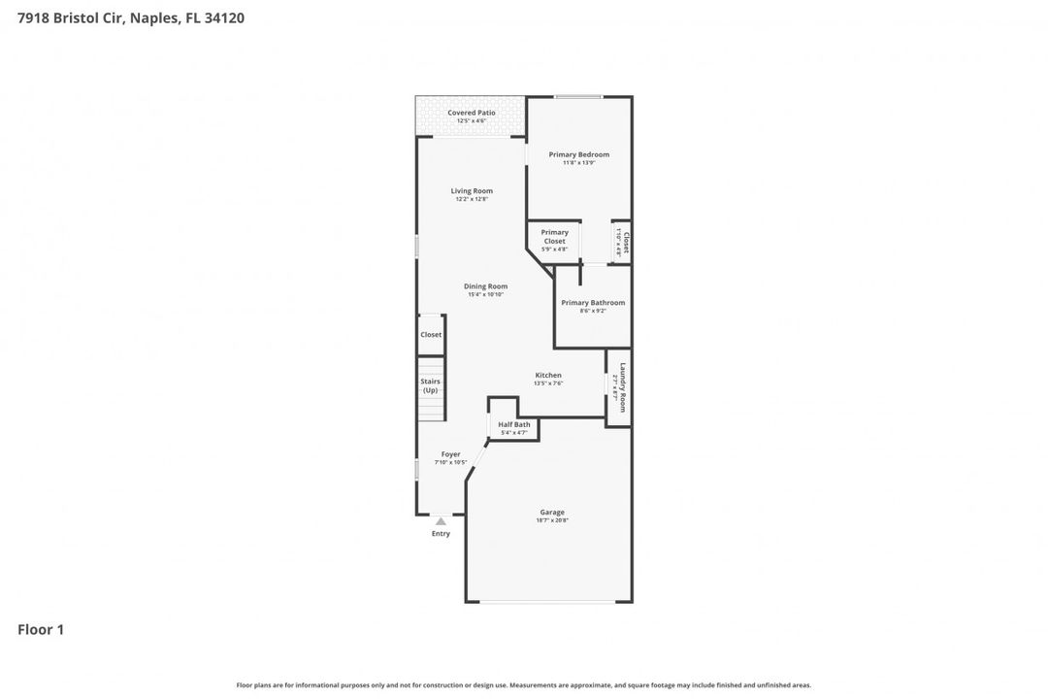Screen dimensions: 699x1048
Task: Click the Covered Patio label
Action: coord(472,113)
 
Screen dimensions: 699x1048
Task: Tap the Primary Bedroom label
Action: coord(578,154)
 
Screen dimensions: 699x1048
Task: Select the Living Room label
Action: coord(472,190)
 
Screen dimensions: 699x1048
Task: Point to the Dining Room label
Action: coord(485,286)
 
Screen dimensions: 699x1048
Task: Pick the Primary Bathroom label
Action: coord(593,303)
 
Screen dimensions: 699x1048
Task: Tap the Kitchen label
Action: coord(548,375)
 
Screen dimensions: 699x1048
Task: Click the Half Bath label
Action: coord(514,424)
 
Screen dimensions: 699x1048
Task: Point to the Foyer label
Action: coord(450,454)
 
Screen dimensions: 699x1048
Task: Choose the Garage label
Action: coord(552,513)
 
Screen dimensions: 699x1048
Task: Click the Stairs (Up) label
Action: coord(430,385)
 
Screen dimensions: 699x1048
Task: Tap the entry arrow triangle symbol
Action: coord(441,521)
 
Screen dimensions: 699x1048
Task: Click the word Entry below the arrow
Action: coord(441,534)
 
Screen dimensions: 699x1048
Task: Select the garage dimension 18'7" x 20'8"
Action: coord(552,520)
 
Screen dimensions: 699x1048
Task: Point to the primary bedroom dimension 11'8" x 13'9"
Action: coord(578,162)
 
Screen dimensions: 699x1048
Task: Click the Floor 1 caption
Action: coord(41,630)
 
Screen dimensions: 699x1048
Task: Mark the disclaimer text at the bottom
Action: coord(524,685)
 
